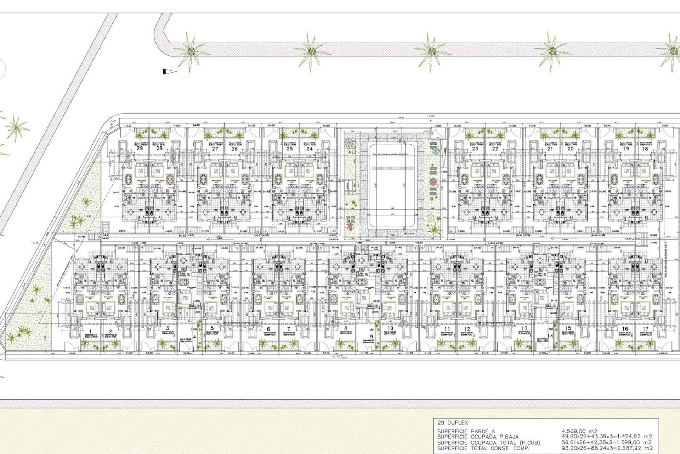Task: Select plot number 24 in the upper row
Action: click(310, 149)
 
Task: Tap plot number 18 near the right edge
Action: click(645, 149)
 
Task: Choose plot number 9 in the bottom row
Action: click(371, 337)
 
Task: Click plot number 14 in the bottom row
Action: click(550, 337)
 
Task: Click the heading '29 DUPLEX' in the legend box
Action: click(453, 423)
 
